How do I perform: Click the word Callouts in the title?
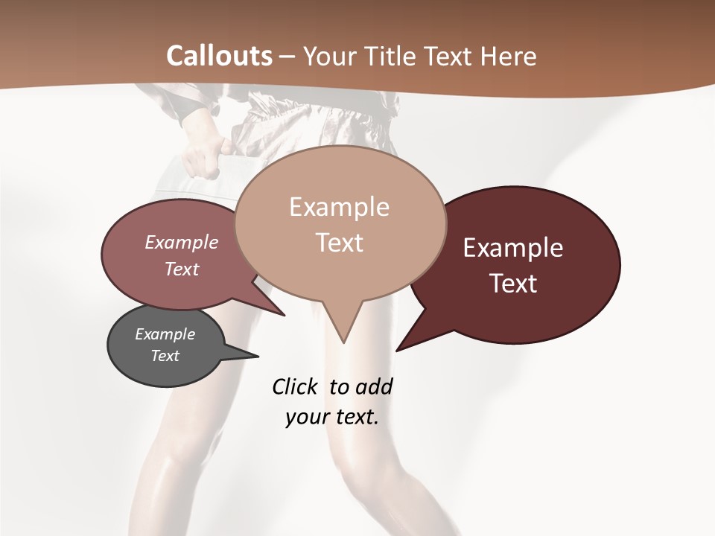coord(219,56)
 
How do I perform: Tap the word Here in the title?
coord(508,56)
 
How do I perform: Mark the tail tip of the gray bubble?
coord(258,355)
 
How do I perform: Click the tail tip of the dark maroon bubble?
coord(397,350)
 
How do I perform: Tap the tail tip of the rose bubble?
coord(285,316)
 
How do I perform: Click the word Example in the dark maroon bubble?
coord(512,248)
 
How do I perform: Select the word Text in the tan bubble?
coord(340,243)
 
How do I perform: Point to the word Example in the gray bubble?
coord(165,334)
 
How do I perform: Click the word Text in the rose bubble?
coord(182,269)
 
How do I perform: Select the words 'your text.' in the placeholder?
coord(332,417)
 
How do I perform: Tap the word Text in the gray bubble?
coord(165,356)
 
